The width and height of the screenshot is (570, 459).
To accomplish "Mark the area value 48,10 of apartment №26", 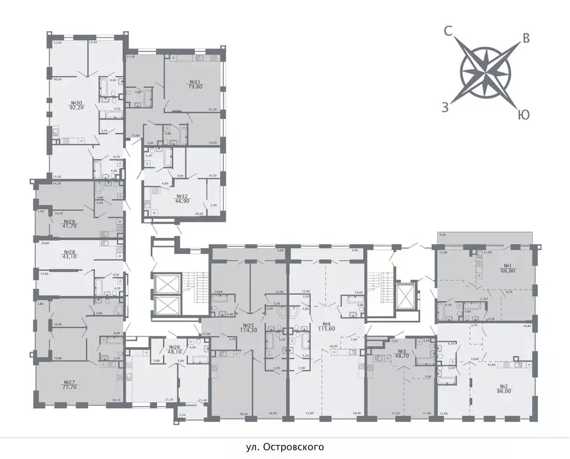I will [174, 352].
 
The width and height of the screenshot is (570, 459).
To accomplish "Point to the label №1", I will [508, 266].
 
